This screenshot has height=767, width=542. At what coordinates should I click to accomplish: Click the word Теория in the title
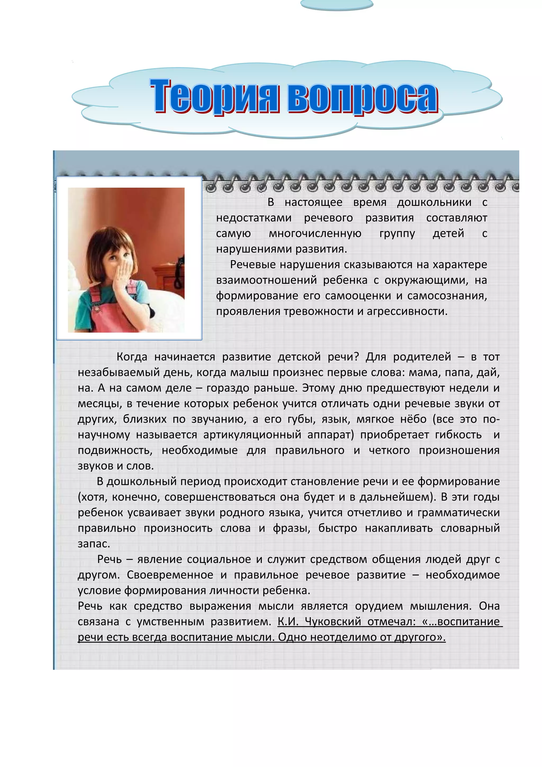click(214, 96)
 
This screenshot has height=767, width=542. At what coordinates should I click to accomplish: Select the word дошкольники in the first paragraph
click(434, 202)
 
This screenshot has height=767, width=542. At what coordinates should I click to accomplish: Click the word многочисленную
click(315, 233)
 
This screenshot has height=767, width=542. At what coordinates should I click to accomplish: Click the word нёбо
click(413, 419)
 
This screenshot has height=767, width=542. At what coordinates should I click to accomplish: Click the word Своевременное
click(170, 575)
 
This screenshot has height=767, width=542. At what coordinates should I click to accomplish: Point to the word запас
click(93, 544)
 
